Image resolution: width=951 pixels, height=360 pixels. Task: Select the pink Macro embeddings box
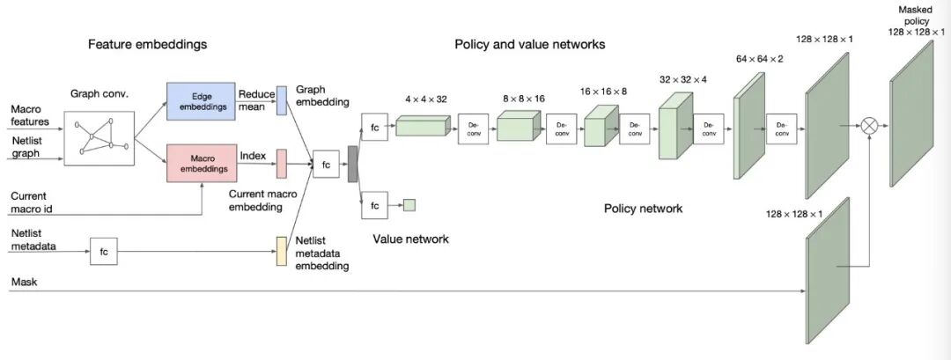pyautogui.click(x=202, y=163)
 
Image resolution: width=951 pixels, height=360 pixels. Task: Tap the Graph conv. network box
pyautogui.click(x=100, y=138)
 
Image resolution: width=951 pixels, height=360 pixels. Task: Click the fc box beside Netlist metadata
pyautogui.click(x=103, y=252)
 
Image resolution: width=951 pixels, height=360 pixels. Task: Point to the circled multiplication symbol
pyautogui.click(x=869, y=127)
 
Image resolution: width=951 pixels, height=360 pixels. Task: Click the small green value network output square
pyautogui.click(x=409, y=205)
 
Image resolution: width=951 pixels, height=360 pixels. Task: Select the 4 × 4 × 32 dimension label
pyautogui.click(x=425, y=99)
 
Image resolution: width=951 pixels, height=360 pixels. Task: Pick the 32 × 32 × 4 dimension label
pyautogui.click(x=682, y=78)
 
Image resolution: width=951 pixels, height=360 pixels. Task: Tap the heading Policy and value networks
pyautogui.click(x=529, y=44)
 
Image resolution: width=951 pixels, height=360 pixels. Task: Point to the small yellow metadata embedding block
pyautogui.click(x=282, y=251)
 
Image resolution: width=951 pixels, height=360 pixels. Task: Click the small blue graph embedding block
pyautogui.click(x=282, y=100)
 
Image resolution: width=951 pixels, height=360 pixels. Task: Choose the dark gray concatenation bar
pyautogui.click(x=353, y=164)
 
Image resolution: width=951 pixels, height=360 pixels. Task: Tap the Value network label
pyautogui.click(x=410, y=239)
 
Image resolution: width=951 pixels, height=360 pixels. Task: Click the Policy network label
pyautogui.click(x=643, y=209)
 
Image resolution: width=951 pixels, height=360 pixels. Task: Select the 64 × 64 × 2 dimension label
pyautogui.click(x=759, y=59)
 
